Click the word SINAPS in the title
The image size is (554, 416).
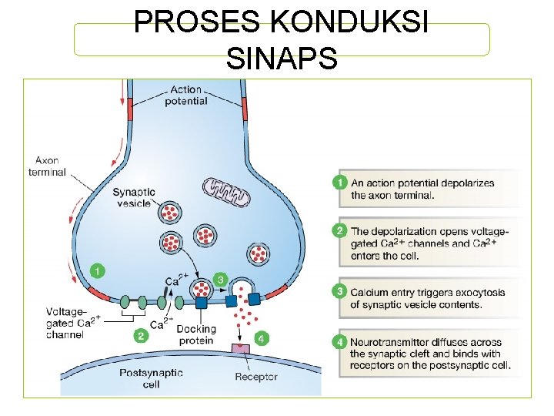click(282, 58)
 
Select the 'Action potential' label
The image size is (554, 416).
click(185, 95)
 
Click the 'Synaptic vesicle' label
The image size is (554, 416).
click(134, 197)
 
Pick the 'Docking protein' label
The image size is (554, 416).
click(195, 334)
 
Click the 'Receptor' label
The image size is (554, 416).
click(257, 377)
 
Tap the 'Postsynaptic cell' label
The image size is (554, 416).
click(152, 377)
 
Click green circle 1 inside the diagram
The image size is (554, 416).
click(98, 270)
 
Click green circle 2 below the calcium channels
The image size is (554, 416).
click(140, 335)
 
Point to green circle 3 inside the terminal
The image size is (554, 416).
click(221, 278)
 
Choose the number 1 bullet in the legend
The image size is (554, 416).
click(340, 183)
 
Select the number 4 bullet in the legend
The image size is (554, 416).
click(340, 342)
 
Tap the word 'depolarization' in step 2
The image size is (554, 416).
click(409, 232)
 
